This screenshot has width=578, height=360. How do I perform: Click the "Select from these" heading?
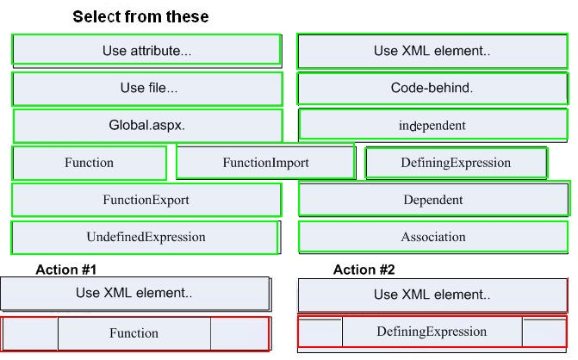(140, 17)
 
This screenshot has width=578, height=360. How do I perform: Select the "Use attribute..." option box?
(146, 51)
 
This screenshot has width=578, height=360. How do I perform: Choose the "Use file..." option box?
(147, 89)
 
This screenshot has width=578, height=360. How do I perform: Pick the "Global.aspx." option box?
(148, 125)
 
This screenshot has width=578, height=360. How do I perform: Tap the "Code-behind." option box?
(432, 89)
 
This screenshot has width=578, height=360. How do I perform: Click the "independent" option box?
(432, 125)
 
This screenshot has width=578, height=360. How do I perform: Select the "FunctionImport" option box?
(266, 162)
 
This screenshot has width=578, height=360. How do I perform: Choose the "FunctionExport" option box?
(146, 200)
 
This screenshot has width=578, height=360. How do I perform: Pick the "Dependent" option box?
(434, 199)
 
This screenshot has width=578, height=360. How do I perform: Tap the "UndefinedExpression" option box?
(145, 238)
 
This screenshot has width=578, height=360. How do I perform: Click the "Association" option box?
(433, 237)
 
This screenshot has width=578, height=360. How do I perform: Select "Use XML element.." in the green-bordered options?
(432, 51)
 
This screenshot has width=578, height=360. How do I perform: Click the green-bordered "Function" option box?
(89, 163)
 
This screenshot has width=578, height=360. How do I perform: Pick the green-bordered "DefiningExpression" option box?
(457, 163)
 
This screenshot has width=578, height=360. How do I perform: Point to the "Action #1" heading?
(66, 270)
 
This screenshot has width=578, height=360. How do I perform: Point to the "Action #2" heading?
(364, 270)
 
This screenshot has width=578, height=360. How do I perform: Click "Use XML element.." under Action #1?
(135, 294)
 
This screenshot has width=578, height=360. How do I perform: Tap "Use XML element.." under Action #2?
(432, 295)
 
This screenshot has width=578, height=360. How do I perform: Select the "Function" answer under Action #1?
(135, 333)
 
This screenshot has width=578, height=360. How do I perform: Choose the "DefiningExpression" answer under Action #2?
(432, 332)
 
